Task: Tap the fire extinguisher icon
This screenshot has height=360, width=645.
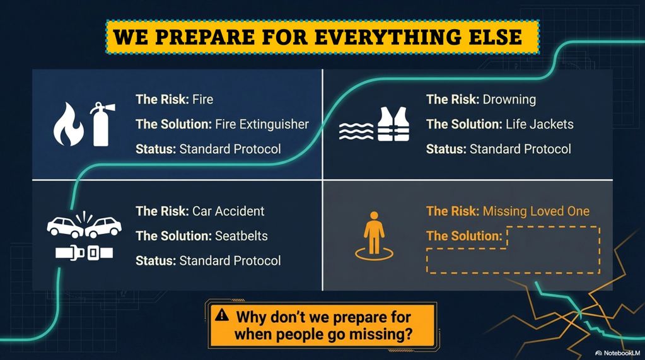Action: pos(102,124)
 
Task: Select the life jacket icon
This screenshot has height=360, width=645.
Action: pos(393,124)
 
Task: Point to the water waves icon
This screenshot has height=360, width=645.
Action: pos(356,131)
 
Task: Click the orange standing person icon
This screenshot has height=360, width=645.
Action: pos(374,236)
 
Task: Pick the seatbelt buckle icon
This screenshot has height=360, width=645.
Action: pos(84,253)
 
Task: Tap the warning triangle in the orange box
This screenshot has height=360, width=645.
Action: pos(222,315)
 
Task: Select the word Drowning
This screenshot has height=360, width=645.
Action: pos(509,100)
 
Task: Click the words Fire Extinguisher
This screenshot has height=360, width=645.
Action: pos(262,124)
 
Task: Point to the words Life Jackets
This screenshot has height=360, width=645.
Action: pos(540,124)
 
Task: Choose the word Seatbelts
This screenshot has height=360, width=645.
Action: pos(241,236)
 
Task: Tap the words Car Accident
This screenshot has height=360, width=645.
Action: pos(228,211)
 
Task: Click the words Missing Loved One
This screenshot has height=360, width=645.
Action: pos(536,211)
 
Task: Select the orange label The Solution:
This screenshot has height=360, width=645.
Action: pos(465,236)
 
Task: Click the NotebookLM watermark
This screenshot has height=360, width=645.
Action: pos(618,353)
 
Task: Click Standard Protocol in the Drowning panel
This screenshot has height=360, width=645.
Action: pos(520,149)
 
